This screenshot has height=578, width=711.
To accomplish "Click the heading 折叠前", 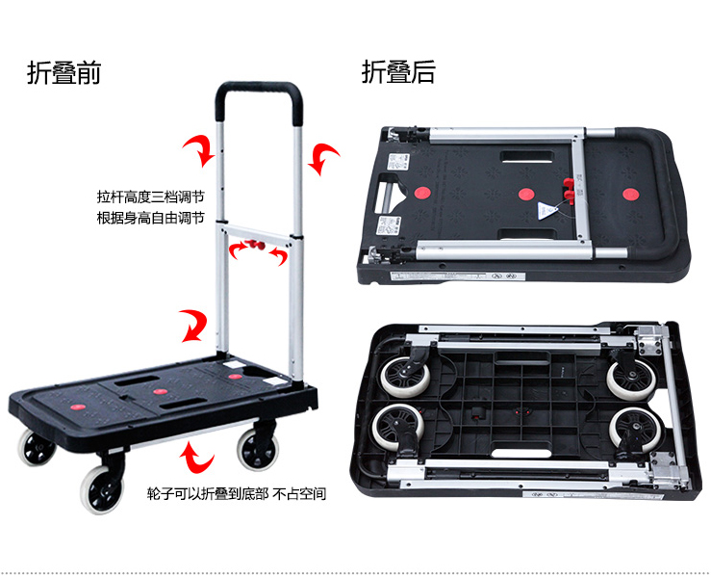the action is pos(63,72).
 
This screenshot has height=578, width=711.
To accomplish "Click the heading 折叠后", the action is pos(398,71).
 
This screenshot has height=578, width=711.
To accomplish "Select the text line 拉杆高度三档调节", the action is pos(150,197).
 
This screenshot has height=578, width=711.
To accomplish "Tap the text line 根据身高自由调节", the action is pos(150,218).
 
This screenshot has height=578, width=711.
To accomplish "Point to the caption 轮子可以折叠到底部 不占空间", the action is pos(237,493).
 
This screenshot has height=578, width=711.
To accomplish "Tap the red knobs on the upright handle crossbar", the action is pos(256,245).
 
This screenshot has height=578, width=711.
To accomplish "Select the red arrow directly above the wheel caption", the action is pos(197,459).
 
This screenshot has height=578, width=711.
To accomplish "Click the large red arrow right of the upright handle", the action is pos(323,159).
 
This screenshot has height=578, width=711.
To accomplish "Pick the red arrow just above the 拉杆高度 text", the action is pos(199,150).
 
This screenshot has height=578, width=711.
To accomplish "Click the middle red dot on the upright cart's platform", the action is pos(160,391).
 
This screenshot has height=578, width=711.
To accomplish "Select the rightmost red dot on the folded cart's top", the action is pos(630,195).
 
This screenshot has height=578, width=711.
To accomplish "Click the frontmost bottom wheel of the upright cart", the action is pos(102,489).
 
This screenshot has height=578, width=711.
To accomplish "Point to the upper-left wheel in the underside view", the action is pos(405,375).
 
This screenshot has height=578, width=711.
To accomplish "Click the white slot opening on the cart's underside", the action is pos(521,453).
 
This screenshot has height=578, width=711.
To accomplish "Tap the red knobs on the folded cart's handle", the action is pos(569,190).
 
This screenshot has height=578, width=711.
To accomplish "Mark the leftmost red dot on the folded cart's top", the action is pos(422,193).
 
